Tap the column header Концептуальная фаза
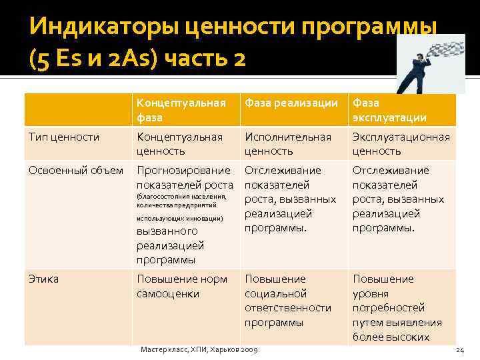click(181, 110)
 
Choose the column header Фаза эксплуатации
click(390, 110)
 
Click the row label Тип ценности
click(64, 137)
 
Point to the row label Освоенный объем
click(76, 170)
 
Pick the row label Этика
click(43, 279)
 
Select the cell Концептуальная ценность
click(180, 144)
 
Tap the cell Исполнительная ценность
click(288, 144)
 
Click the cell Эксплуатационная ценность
click(401, 144)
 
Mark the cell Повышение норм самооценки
click(182, 286)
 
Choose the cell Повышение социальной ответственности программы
click(288, 300)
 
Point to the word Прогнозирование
click(183, 170)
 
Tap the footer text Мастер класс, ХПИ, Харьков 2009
click(199, 350)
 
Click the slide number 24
click(459, 350)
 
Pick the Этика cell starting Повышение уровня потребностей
click(393, 307)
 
